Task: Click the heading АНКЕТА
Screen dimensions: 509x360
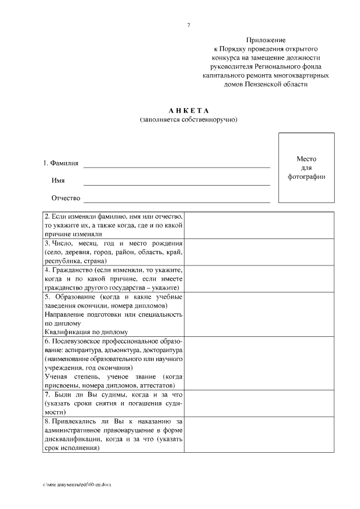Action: click(189, 110)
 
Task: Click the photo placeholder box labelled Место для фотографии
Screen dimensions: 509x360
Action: click(307, 168)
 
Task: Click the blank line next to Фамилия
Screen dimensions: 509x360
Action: click(177, 165)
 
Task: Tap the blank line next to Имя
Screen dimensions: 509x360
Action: click(177, 182)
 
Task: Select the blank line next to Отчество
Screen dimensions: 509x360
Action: click(177, 199)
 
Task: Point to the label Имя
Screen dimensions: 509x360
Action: click(58, 181)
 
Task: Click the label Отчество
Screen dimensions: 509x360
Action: click(66, 198)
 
